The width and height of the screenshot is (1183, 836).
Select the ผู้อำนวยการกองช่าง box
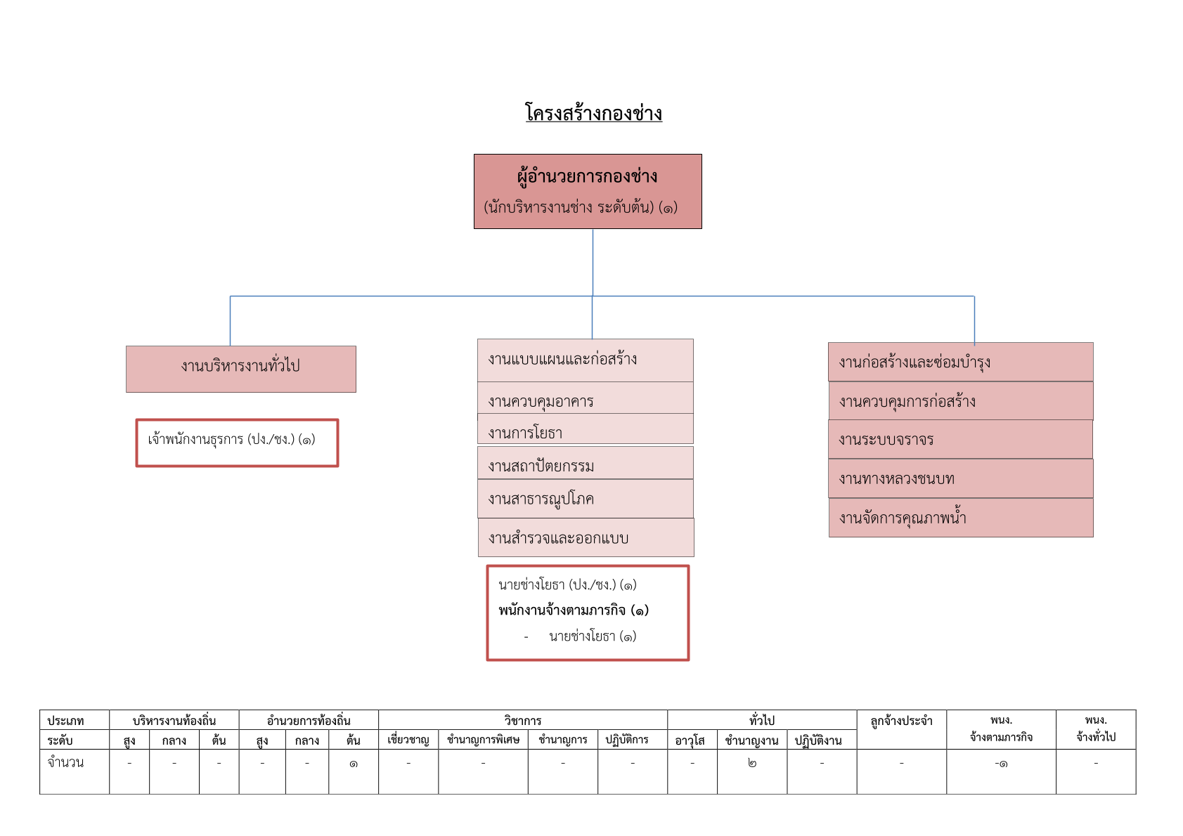(x=588, y=192)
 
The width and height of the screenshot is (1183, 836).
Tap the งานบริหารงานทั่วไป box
(x=241, y=369)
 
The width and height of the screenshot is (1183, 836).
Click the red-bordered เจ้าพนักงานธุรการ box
(x=237, y=443)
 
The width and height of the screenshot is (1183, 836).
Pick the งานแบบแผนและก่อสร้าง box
(x=585, y=360)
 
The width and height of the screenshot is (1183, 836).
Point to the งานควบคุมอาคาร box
(x=585, y=398)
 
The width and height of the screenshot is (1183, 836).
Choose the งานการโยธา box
(x=585, y=429)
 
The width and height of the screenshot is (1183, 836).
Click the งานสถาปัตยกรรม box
(x=585, y=463)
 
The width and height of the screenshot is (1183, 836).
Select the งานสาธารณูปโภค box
(x=585, y=499)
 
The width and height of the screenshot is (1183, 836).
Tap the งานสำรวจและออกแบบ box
(x=586, y=537)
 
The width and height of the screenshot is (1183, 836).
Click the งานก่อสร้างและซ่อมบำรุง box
(x=961, y=362)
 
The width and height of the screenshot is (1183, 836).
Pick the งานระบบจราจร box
(x=960, y=439)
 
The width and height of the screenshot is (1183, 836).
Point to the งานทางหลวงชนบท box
(x=961, y=478)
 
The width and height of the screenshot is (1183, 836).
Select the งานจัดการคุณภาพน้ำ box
(x=961, y=518)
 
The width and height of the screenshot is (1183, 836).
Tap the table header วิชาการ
(x=523, y=720)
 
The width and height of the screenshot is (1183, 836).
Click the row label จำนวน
(x=65, y=763)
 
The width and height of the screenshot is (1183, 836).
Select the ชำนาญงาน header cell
(x=752, y=740)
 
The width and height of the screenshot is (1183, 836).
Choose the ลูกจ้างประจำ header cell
(x=902, y=729)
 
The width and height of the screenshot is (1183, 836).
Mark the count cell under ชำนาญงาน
(x=752, y=771)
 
